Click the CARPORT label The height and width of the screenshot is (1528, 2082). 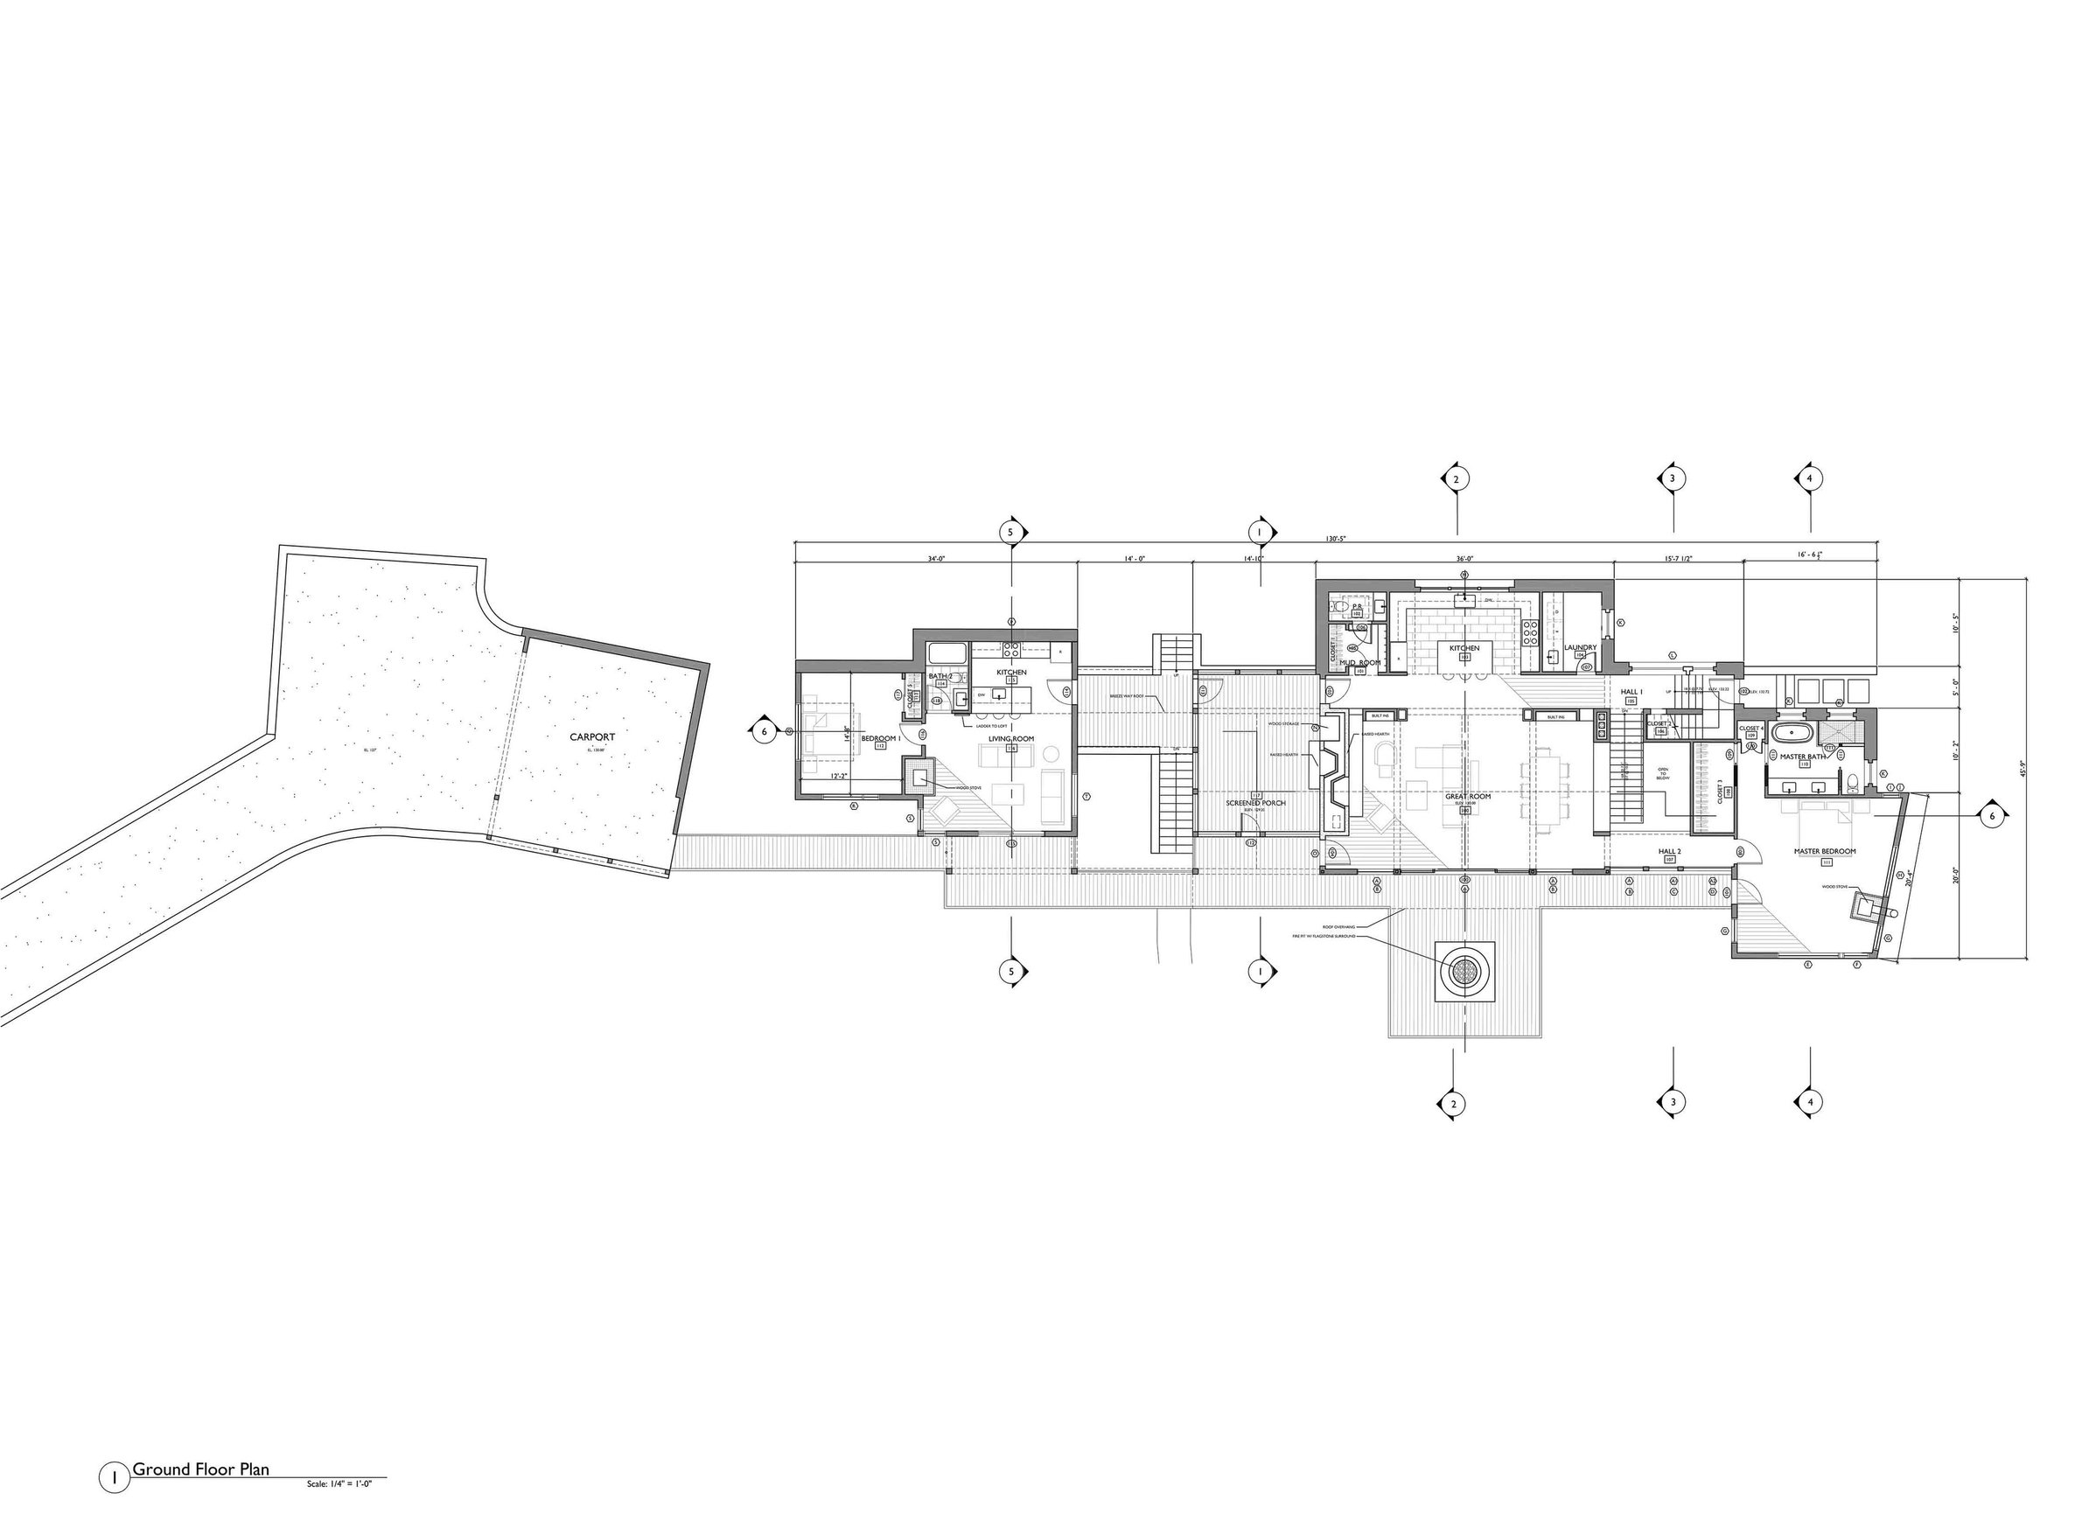point(592,737)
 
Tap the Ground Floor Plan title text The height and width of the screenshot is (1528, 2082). point(200,1469)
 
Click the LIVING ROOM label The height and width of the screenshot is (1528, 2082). point(1011,739)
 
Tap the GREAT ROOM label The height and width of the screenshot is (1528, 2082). point(1468,797)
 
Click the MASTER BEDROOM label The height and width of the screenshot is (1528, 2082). point(1825,851)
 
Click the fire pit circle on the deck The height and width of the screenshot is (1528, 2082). point(1465,970)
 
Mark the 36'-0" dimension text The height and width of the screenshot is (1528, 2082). point(1464,559)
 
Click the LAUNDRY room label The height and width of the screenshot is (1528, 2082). point(1580,647)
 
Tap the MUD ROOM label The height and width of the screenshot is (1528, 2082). point(1359,663)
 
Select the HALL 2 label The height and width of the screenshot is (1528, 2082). point(1668,851)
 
